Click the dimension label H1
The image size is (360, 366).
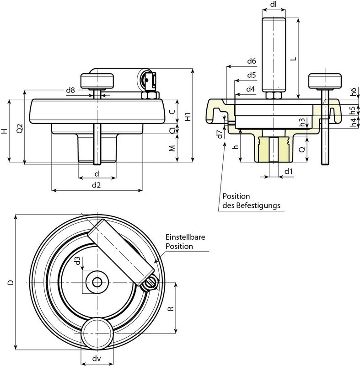click(x=188, y=116)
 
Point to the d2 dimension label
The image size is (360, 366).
click(x=96, y=185)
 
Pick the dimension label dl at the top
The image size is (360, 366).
click(x=273, y=5)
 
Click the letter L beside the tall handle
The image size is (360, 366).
click(x=293, y=59)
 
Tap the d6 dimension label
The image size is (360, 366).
click(x=251, y=61)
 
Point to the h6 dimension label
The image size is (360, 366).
click(x=353, y=92)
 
